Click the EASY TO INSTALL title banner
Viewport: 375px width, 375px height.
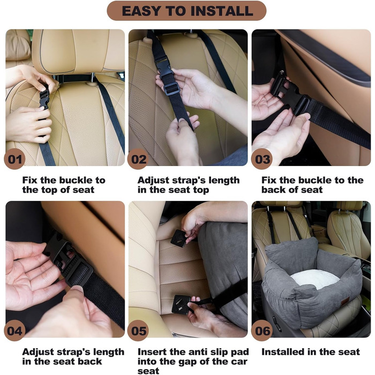tap(186, 11)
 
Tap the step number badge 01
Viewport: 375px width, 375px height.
tap(14, 159)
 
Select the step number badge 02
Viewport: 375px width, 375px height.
tap(138, 159)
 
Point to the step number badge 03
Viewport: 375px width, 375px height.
tap(261, 159)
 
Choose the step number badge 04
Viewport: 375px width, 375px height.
tap(14, 331)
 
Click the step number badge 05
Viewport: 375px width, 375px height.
tap(138, 331)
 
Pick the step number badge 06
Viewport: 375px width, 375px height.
tap(261, 331)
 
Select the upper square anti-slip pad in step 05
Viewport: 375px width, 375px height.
tap(179, 238)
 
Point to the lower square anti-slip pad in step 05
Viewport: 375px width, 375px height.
tap(181, 304)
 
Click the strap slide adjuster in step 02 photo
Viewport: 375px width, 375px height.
tap(172, 89)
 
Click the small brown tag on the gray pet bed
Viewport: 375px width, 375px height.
tap(345, 301)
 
